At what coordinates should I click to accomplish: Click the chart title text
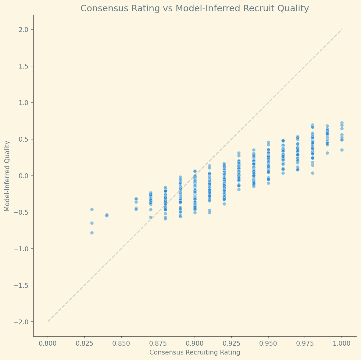(195, 9)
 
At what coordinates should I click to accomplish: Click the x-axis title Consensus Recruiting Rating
(195, 352)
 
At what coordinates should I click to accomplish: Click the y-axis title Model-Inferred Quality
(7, 176)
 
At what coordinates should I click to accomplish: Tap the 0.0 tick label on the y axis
(25, 176)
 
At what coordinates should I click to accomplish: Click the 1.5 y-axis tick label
(25, 66)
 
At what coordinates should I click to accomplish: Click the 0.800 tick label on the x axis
(48, 344)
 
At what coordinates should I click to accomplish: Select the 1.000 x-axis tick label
(341, 344)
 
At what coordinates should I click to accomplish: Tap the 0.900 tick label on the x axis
(195, 344)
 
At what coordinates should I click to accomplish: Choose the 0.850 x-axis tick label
(121, 344)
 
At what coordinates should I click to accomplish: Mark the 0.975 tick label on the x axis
(305, 344)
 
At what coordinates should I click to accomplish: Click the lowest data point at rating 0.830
(92, 233)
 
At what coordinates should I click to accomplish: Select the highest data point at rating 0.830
(92, 209)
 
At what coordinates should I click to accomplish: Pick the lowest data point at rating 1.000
(342, 150)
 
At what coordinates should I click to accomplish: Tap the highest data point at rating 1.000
(342, 123)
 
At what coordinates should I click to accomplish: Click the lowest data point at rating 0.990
(327, 153)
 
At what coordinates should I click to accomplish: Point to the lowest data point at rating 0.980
(313, 173)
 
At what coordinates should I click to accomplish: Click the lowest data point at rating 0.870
(151, 217)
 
